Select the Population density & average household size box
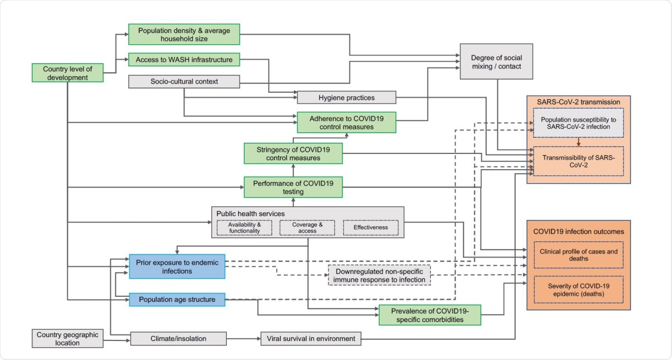coord(184,35)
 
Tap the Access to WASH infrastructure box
coord(184,59)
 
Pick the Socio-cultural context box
coord(184,82)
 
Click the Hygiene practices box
coord(346,97)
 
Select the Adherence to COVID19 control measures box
coord(346,122)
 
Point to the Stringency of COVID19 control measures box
coord(293,153)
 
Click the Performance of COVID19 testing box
coord(293,186)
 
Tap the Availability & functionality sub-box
coord(244,227)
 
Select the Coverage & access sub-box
coord(307,227)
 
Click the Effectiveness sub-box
coord(370,227)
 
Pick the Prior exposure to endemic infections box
coord(177,267)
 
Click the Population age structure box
coord(177,300)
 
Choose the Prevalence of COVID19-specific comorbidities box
coord(430,315)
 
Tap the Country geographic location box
coord(67,339)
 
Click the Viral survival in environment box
coord(311,339)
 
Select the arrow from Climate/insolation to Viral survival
coord(244,339)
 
